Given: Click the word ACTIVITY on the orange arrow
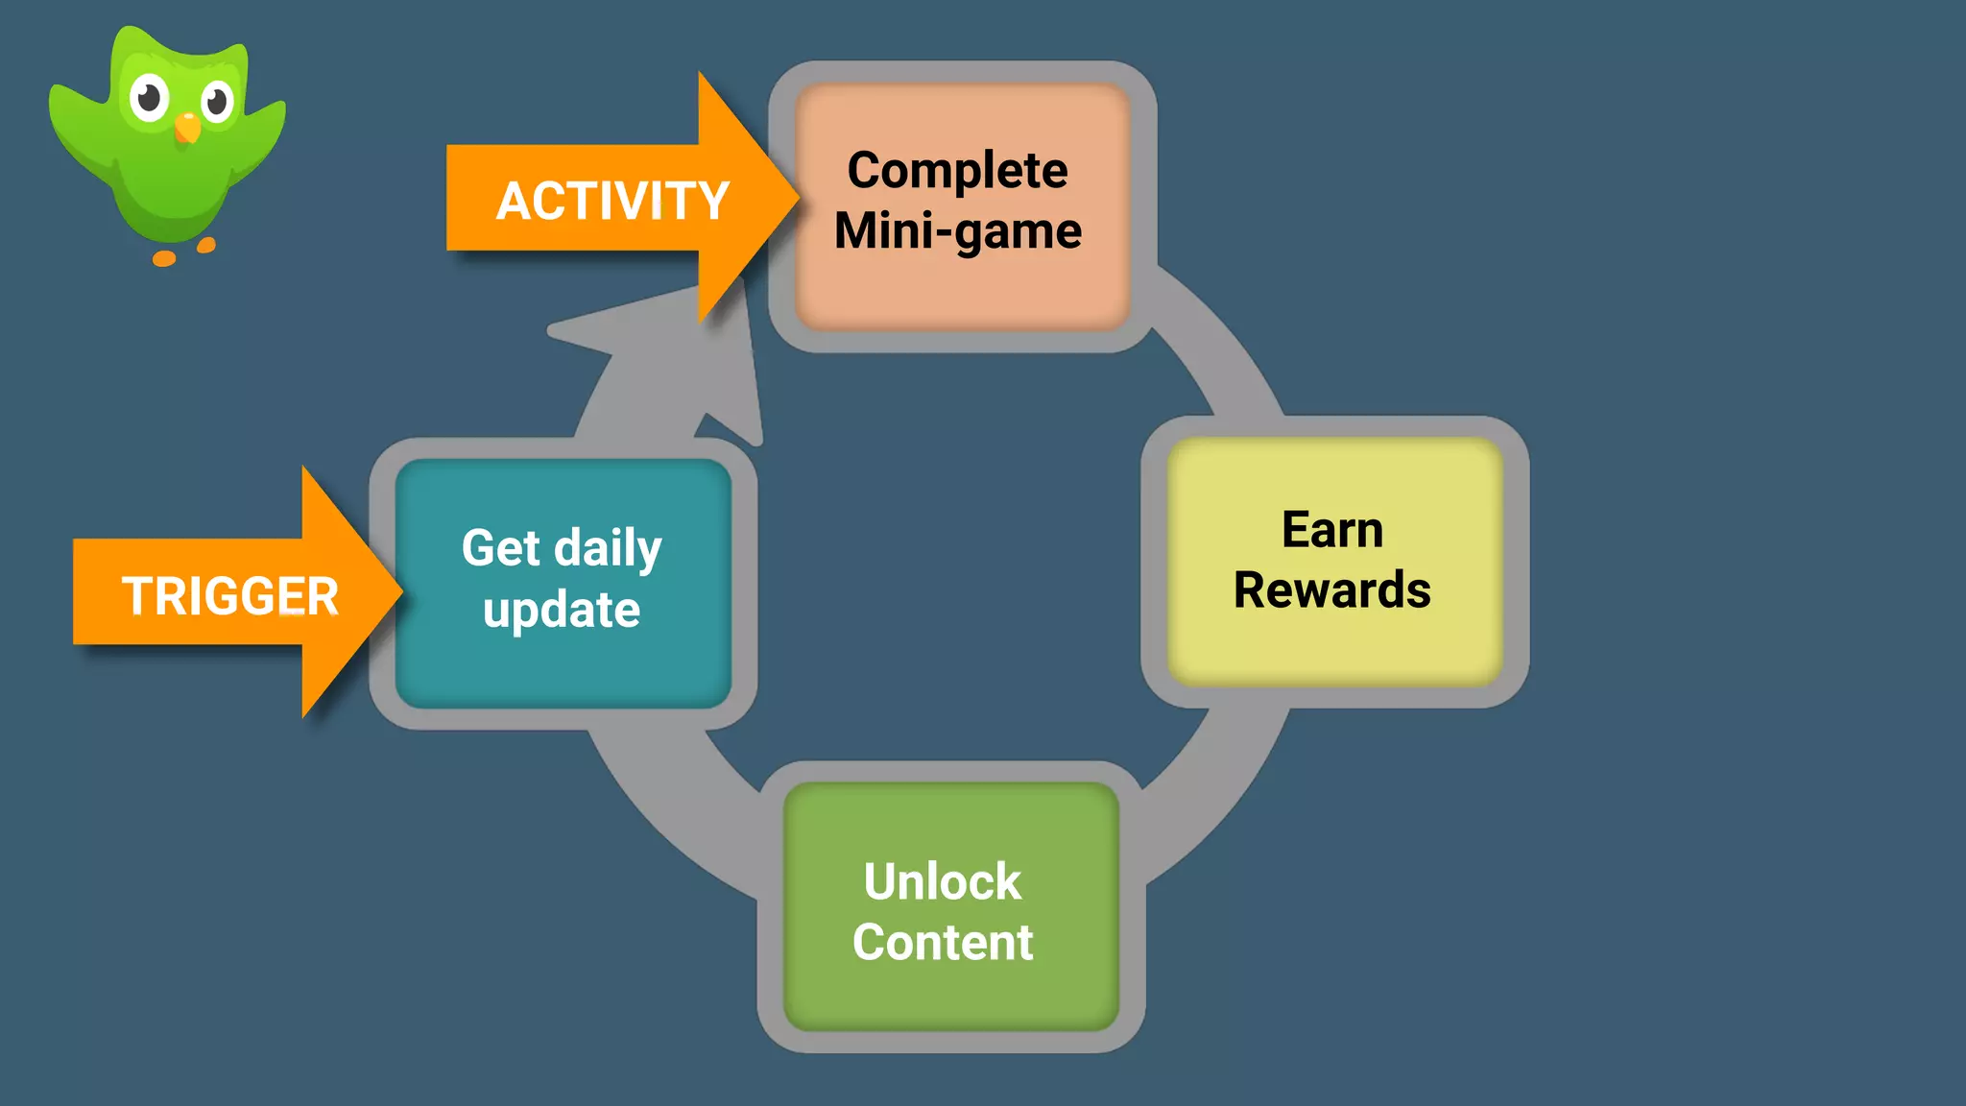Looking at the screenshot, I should (x=612, y=202).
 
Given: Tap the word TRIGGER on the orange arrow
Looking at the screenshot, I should (x=230, y=596).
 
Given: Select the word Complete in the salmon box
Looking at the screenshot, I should (x=957, y=171).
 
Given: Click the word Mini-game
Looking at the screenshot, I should (x=957, y=231).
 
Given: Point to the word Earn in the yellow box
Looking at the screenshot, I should (x=1332, y=530).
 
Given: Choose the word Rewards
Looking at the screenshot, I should (x=1332, y=589).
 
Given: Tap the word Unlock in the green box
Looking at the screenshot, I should (x=943, y=881).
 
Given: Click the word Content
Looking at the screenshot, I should (x=943, y=942).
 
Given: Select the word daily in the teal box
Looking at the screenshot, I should (x=609, y=549).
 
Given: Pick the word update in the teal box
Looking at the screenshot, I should (x=562, y=611).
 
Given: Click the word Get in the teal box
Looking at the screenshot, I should (x=500, y=548).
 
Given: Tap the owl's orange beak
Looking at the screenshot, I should (x=188, y=127).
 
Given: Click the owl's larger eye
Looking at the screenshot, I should (x=150, y=97).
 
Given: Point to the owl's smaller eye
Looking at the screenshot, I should (x=217, y=101).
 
